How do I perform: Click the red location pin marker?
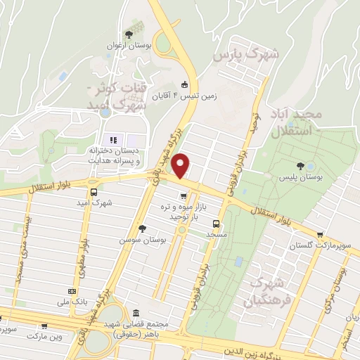[181, 166]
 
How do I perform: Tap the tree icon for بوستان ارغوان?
[127, 34]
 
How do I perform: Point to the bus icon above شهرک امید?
[94, 191]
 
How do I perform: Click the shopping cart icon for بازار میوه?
[183, 196]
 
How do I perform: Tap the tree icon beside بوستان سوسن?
[143, 229]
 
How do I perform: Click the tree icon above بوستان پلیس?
[301, 166]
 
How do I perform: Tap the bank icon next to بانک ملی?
[71, 291]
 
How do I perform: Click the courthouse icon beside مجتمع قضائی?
[136, 313]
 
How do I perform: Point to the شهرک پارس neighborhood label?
[246, 53]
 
